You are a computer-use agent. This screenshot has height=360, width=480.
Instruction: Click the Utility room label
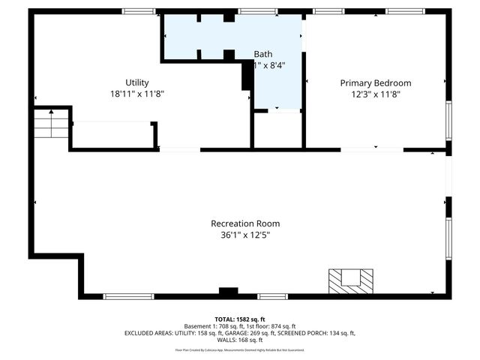point(137,82)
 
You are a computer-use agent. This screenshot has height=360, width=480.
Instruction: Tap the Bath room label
point(263,54)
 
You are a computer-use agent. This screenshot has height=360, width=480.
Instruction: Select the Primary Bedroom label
point(375,82)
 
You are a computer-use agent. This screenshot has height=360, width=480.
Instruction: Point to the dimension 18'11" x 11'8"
point(137,94)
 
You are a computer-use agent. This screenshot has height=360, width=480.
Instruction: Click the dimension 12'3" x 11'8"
point(375,94)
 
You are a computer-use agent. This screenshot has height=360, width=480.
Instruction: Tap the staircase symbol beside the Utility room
point(51,124)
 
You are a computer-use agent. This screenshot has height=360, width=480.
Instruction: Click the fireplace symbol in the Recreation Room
point(350,280)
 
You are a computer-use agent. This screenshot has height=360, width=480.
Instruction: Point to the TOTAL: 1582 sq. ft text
point(240,319)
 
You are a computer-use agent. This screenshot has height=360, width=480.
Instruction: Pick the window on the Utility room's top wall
point(139,11)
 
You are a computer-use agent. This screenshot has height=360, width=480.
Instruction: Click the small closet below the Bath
point(277,130)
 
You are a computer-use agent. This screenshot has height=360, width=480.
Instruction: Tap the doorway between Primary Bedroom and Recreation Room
point(372,150)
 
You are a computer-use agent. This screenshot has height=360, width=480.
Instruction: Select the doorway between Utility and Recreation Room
point(179,150)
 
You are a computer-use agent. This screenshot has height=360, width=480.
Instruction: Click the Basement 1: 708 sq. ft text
point(212,326)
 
